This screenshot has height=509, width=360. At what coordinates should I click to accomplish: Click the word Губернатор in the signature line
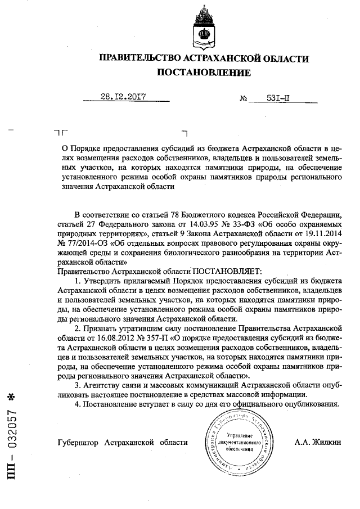tap(79, 442)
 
